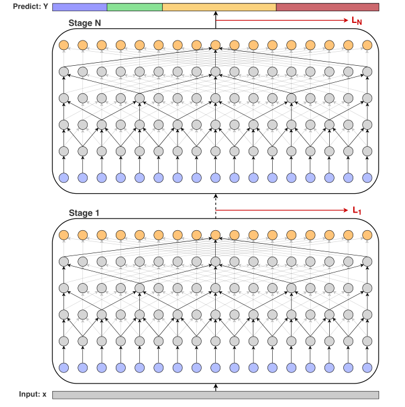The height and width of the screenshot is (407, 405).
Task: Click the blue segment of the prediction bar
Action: coord(80,7)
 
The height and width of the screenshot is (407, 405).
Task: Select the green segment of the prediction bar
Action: coord(135,7)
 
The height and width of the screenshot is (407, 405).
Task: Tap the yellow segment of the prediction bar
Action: coord(219,7)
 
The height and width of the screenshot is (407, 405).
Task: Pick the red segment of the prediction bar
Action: coord(327,7)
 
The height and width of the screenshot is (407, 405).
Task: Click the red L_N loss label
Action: coord(357,21)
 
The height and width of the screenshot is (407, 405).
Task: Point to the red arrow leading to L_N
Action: coord(282,20)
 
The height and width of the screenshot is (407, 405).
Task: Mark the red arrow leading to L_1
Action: coord(282,210)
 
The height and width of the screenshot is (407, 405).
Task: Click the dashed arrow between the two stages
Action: coord(216,207)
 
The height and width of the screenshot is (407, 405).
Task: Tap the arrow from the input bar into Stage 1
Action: coord(216,386)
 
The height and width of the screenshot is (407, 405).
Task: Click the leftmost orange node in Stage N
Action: coord(64,45)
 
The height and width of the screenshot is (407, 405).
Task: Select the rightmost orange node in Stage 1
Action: coord(367,235)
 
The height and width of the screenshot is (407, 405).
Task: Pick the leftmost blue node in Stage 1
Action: coord(64,368)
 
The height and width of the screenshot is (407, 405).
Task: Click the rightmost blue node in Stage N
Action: coord(367,177)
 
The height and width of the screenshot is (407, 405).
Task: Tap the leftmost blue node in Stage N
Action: coord(64,177)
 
